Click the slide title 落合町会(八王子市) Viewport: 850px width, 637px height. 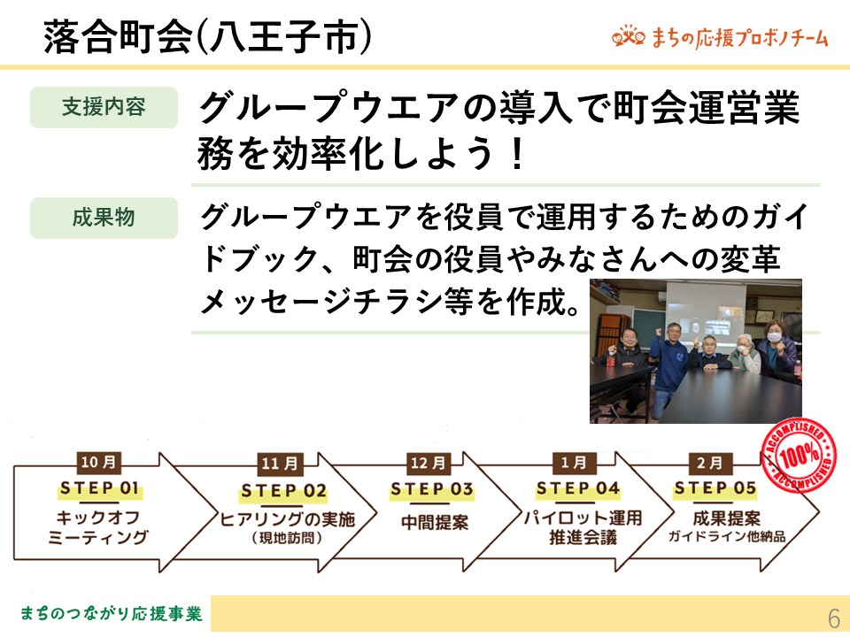click(x=207, y=37)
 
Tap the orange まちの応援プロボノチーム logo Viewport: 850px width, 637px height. click(x=721, y=37)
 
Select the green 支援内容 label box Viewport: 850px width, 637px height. click(x=104, y=107)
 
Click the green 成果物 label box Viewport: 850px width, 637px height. click(x=104, y=218)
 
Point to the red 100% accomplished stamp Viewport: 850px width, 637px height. click(x=799, y=455)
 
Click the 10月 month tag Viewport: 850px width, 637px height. click(x=98, y=463)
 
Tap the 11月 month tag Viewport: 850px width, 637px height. click(x=280, y=464)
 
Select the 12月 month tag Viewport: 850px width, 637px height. click(x=429, y=463)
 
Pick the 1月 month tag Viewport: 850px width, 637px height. click(x=574, y=463)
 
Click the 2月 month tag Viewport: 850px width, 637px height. click(x=710, y=463)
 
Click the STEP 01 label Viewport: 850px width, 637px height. click(x=100, y=488)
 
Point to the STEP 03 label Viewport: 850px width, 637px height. click(x=432, y=489)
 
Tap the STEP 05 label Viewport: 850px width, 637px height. click(x=715, y=488)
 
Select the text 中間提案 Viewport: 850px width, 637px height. click(x=435, y=523)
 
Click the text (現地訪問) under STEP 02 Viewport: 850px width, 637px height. click(x=287, y=538)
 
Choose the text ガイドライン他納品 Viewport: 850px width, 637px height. click(x=727, y=537)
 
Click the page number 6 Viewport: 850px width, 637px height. click(x=834, y=618)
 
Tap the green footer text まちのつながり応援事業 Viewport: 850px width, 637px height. click(x=112, y=614)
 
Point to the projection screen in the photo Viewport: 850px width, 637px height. click(x=706, y=314)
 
